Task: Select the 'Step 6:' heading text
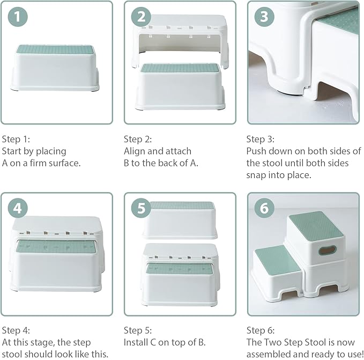(260, 330)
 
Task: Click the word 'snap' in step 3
(257, 175)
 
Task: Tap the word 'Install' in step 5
(136, 342)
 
